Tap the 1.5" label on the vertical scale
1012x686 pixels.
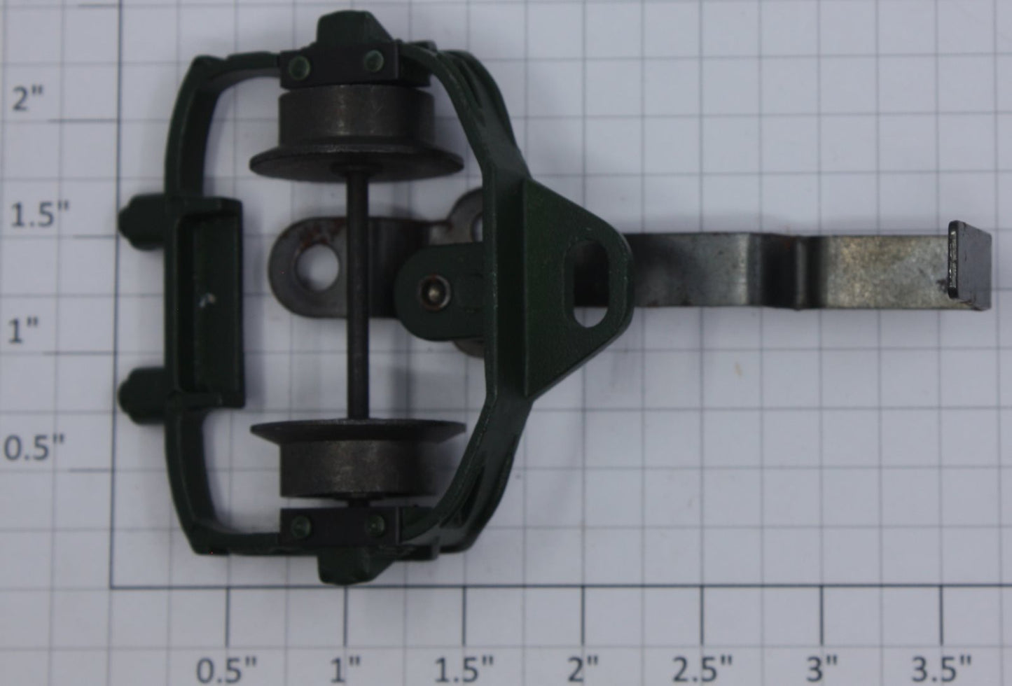pyautogui.click(x=40, y=215)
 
